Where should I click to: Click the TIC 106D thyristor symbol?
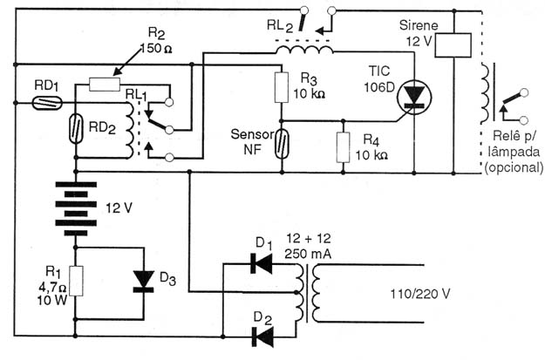[414, 96]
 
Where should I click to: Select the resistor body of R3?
[282, 87]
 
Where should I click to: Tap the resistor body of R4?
[343, 147]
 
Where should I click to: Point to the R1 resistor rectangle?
[77, 281]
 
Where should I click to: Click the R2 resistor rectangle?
[105, 85]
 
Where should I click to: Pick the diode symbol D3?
[144, 281]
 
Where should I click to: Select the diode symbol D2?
[262, 336]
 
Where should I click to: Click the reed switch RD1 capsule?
[47, 103]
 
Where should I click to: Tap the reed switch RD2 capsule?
[76, 129]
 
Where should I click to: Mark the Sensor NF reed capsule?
[282, 144]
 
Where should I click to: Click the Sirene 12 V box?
[453, 45]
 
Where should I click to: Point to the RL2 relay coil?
[304, 50]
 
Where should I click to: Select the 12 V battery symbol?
[75, 208]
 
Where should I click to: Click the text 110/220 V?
[420, 294]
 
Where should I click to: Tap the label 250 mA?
[308, 254]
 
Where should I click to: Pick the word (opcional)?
[514, 167]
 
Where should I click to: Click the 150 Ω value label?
[156, 48]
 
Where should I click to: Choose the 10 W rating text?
[52, 300]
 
